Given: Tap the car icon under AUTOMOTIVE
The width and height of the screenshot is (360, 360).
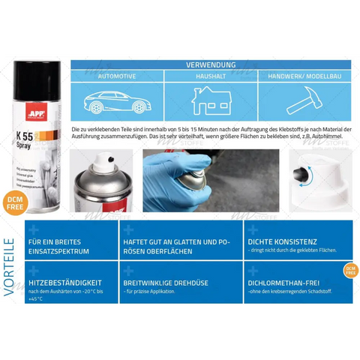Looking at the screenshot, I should coord(117,101).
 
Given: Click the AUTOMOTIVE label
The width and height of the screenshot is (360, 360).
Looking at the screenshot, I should coord(117,76).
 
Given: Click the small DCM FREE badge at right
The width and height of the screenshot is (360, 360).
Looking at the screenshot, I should coord(350,270).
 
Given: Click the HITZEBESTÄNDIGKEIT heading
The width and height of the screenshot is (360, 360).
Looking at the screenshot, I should coord(64,283).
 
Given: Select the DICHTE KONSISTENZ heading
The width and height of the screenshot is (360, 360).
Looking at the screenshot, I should coord(284,241).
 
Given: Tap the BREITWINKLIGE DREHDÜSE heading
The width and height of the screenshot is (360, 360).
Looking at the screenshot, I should coord(166,283).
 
